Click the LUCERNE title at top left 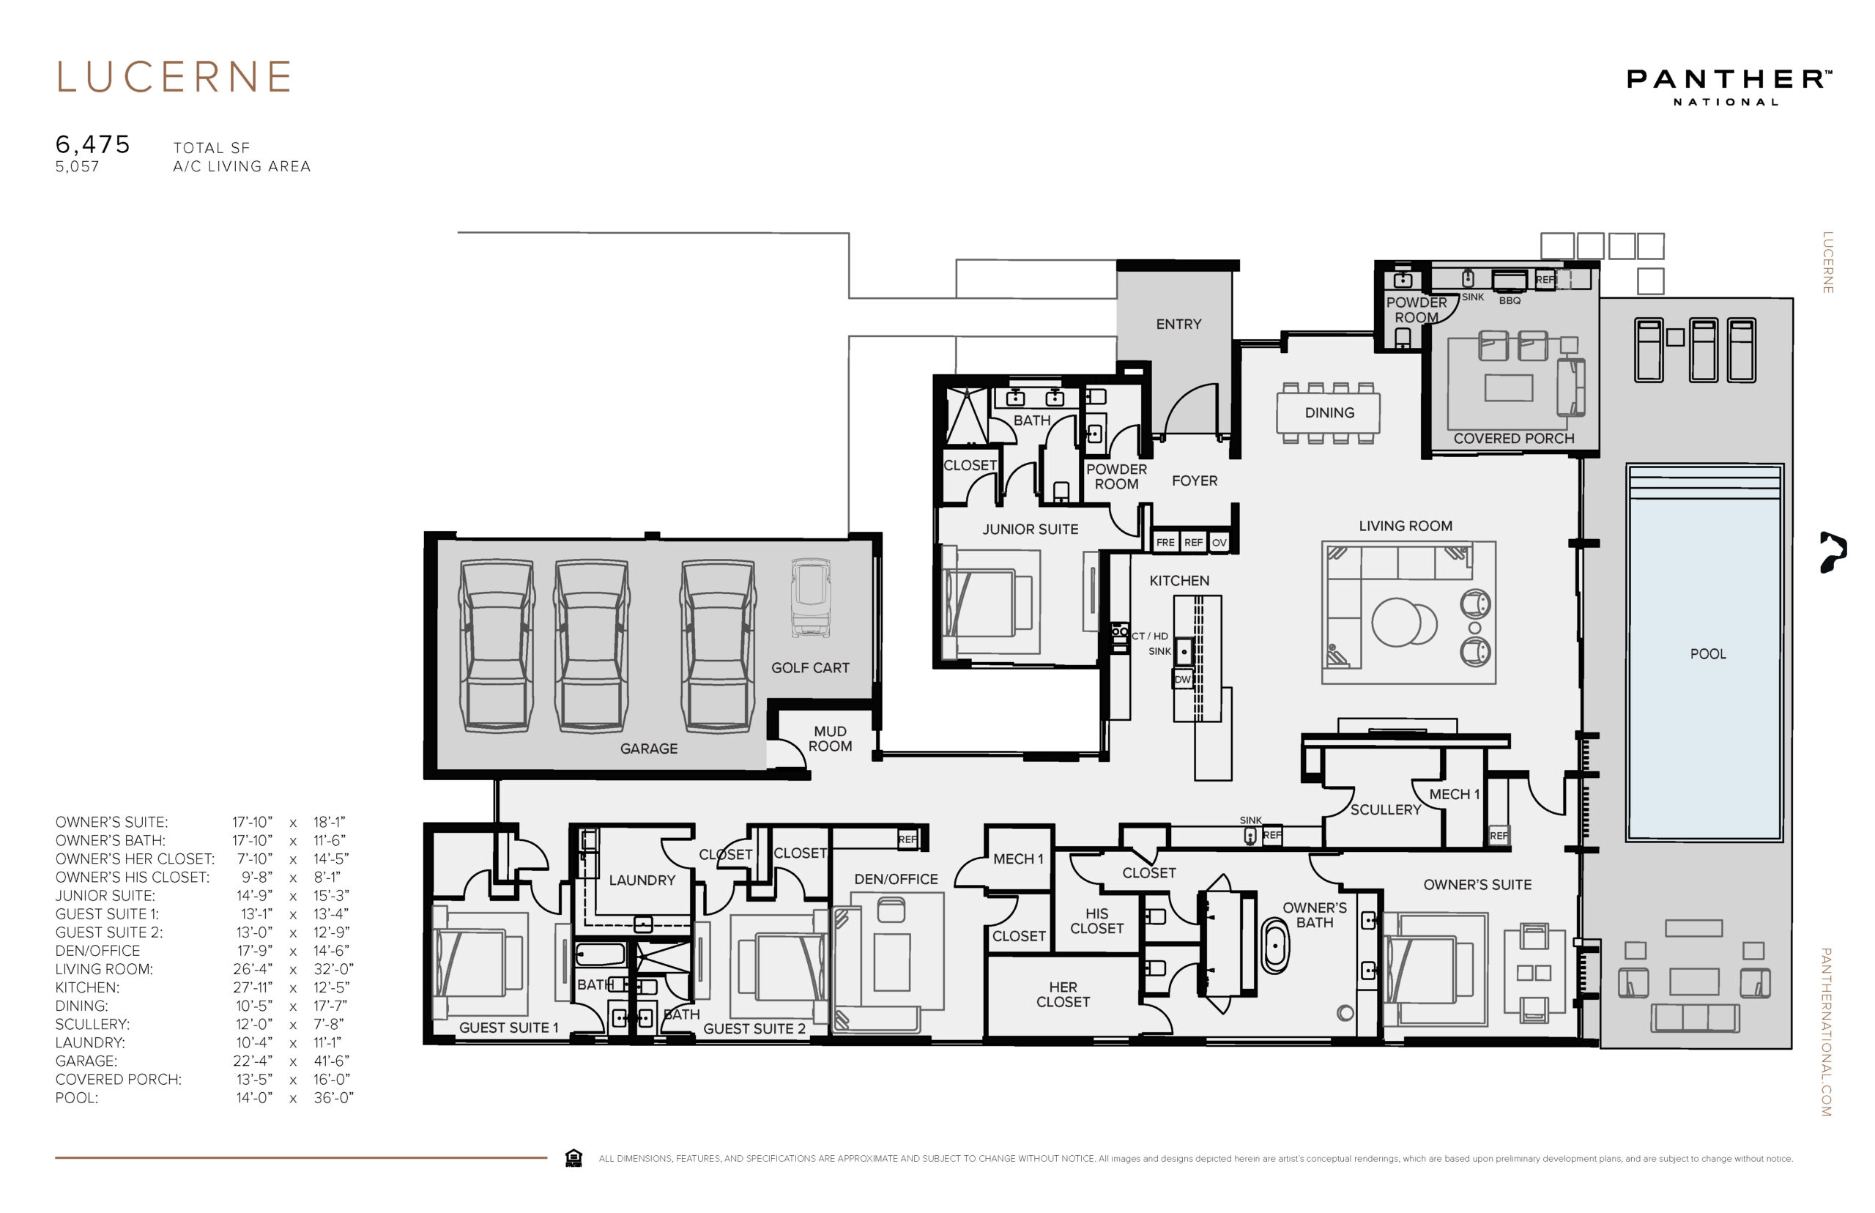tap(174, 77)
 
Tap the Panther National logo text tap(1729, 86)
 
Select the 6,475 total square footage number tap(92, 144)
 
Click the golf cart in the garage tap(810, 598)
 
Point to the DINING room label tap(1329, 412)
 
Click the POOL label tap(1707, 654)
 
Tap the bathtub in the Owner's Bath tap(1276, 945)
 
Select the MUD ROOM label tap(830, 739)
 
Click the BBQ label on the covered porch tap(1510, 300)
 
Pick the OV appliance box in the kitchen tap(1219, 542)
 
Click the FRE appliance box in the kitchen tap(1165, 542)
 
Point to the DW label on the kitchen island tap(1182, 679)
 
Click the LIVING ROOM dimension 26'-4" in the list tap(253, 969)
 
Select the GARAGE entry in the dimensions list tap(86, 1061)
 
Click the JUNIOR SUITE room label tap(1030, 530)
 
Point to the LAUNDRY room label tap(642, 880)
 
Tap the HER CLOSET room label tap(1063, 994)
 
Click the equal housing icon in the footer tap(573, 1157)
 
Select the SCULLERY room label tap(1386, 809)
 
